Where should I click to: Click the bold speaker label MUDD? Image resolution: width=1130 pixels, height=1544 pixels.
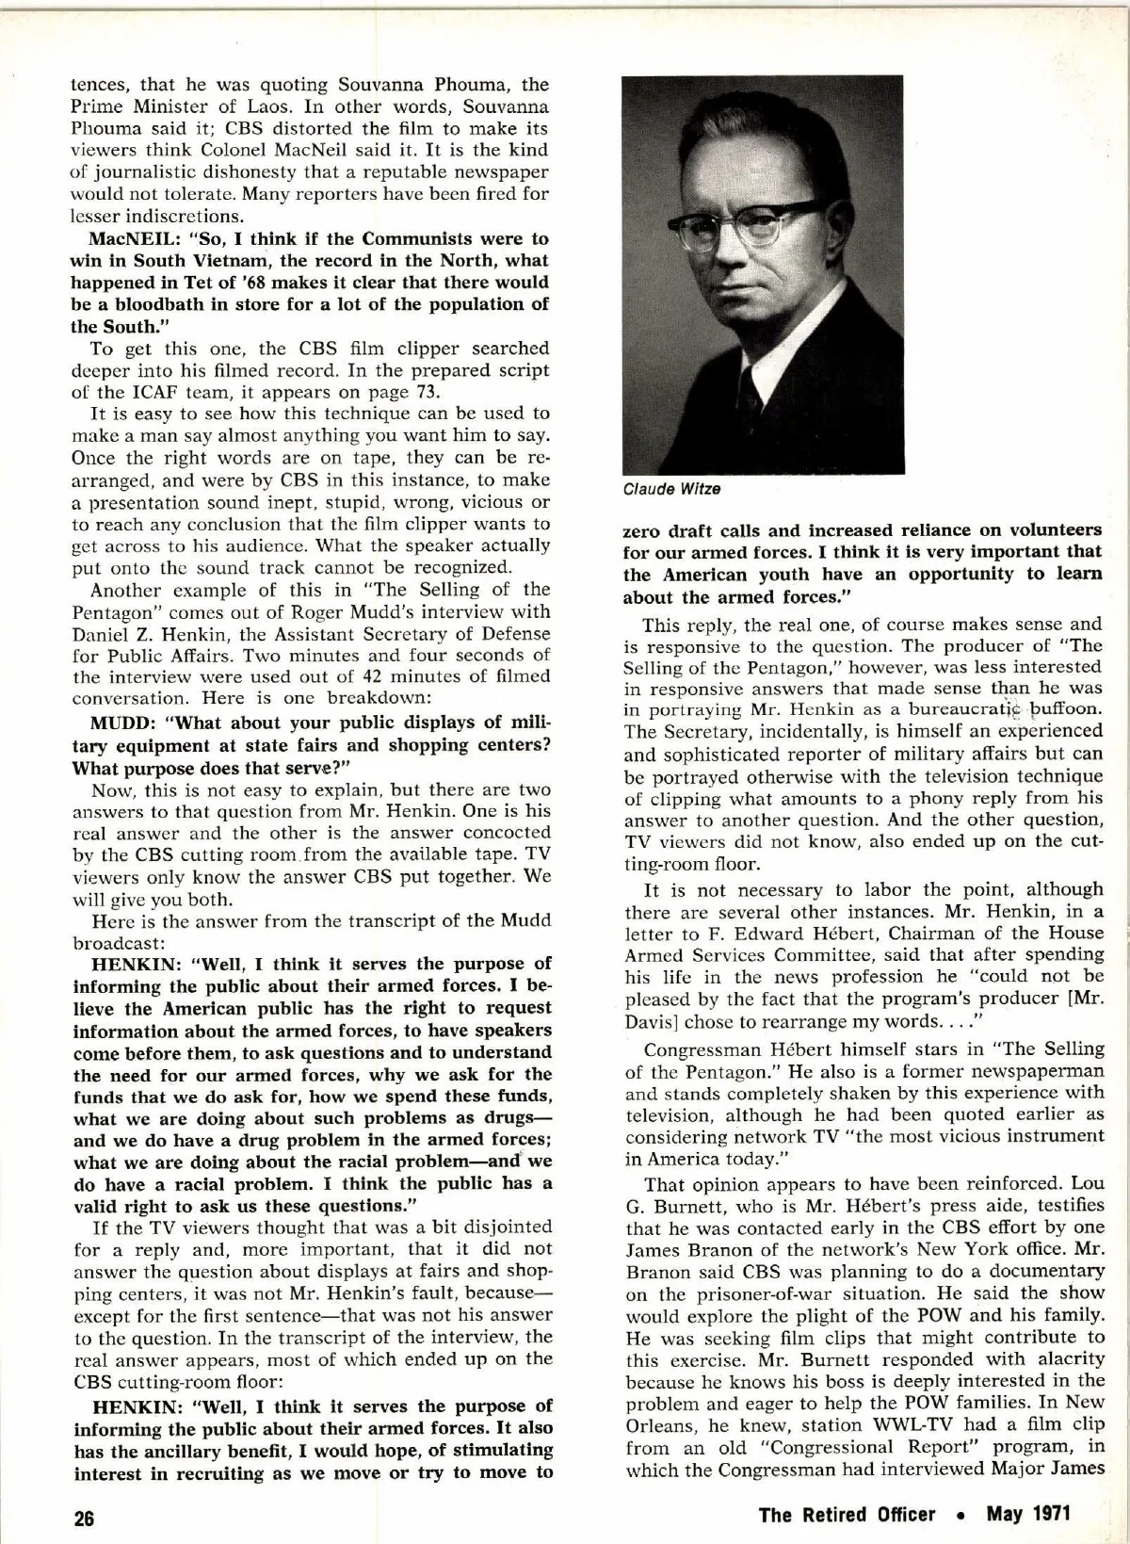(x=124, y=723)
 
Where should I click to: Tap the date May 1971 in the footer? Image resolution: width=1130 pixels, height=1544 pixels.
(x=1028, y=1514)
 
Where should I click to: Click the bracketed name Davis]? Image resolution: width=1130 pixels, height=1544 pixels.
(x=653, y=1020)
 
